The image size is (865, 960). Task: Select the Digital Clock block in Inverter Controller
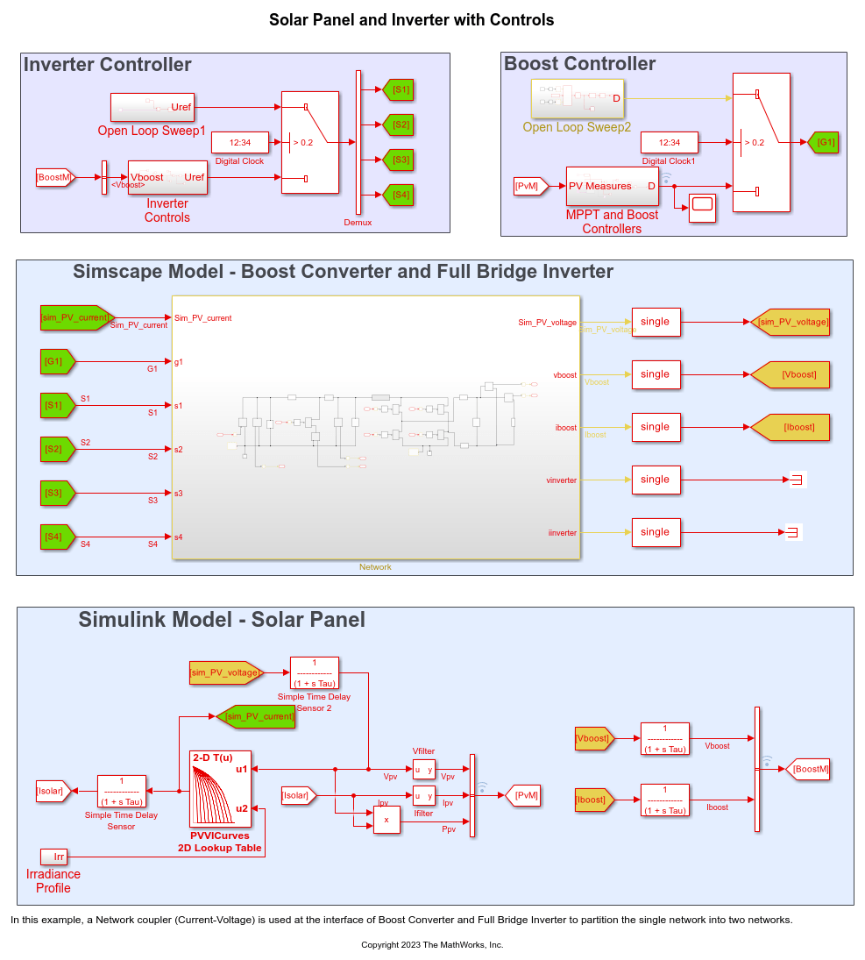coord(239,142)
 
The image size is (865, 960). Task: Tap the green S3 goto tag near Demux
coord(399,160)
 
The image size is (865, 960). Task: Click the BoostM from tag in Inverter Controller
coord(55,177)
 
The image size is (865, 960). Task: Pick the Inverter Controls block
coord(167,177)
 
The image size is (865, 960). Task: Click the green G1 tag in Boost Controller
coord(823,142)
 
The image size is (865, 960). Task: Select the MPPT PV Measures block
coord(612,186)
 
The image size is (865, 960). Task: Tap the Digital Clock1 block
coord(669,142)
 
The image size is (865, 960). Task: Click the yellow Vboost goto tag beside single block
coord(790,374)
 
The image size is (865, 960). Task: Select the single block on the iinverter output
coord(656,532)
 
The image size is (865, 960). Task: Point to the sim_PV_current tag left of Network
coord(76,317)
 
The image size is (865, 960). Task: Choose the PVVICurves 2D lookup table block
coord(220,788)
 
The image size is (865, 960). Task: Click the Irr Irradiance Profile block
coord(53,856)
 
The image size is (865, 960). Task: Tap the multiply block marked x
coord(386,820)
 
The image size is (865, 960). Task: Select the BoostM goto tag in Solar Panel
coord(806,769)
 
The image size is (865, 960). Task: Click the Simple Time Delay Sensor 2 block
coord(314,672)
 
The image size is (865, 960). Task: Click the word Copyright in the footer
coord(382,944)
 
